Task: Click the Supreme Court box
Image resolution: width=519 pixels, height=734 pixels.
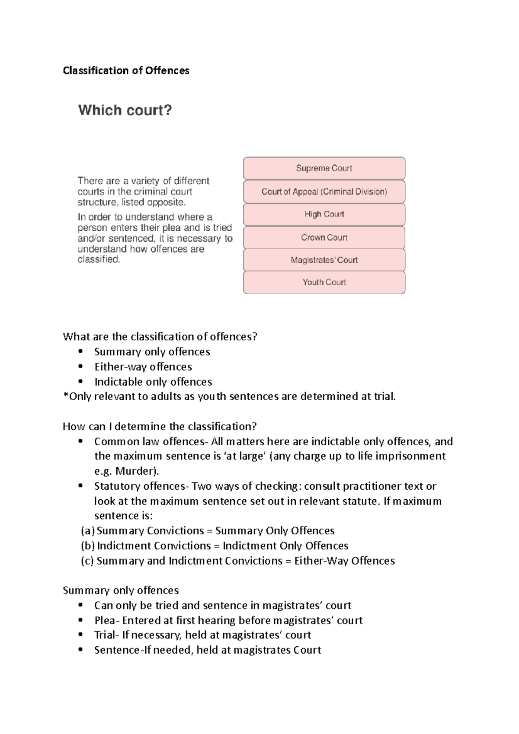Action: (x=324, y=168)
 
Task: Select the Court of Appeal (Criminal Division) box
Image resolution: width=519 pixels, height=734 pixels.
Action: (x=324, y=191)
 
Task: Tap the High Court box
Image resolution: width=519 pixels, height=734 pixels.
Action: (x=324, y=214)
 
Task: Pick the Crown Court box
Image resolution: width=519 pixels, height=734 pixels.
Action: (x=324, y=237)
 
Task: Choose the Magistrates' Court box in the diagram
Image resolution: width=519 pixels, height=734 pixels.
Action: (x=324, y=260)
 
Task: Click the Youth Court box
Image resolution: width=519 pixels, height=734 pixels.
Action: (x=324, y=282)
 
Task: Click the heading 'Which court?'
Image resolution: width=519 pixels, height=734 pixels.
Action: (x=125, y=110)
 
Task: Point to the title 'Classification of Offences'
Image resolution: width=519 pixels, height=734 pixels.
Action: (x=126, y=70)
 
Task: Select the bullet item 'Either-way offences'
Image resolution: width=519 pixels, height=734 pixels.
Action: (x=143, y=367)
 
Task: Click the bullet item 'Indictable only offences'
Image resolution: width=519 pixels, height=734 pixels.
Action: (x=153, y=382)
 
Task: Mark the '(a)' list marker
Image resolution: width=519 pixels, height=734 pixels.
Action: (x=88, y=531)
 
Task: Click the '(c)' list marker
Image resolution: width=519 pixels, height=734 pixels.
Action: (x=88, y=561)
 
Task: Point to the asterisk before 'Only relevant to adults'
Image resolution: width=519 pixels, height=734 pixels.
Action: (x=65, y=395)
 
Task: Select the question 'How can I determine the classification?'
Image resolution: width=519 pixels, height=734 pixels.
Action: (x=160, y=427)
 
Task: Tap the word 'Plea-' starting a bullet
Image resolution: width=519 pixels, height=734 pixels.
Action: (x=107, y=620)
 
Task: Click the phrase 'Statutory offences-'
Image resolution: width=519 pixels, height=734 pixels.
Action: (x=142, y=486)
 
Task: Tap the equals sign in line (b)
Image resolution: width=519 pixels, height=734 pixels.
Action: (x=216, y=546)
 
